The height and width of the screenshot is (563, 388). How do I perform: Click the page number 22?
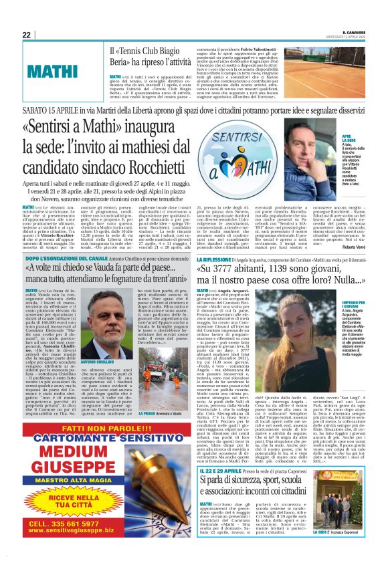26,35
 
